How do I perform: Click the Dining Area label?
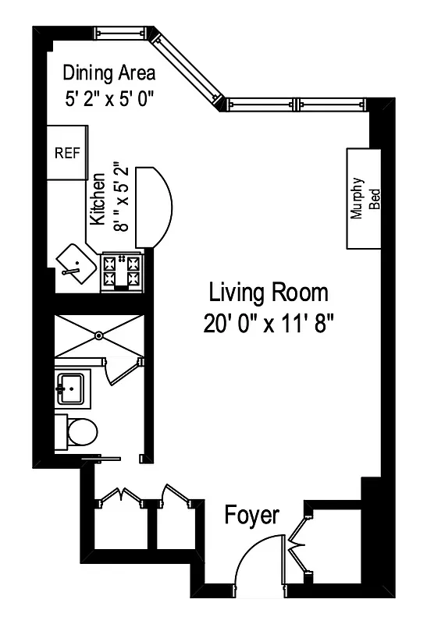109,73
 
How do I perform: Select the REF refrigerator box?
67,153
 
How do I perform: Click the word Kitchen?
98,198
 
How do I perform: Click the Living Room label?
268,293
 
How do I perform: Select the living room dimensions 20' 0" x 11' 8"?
268,323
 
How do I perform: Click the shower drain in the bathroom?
99,335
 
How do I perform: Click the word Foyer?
251,516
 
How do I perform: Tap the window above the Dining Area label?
122,34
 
